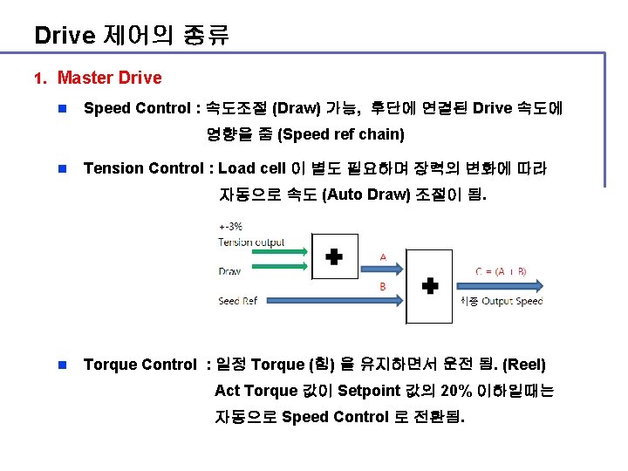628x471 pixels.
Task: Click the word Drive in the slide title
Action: (x=64, y=36)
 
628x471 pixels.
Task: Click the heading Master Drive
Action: (x=109, y=78)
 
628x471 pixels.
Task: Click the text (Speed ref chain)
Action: (x=340, y=134)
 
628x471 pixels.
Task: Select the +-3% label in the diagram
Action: (x=230, y=227)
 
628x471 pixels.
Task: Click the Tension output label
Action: (x=251, y=242)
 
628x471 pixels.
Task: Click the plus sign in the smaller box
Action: (x=334, y=256)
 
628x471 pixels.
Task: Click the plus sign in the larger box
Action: (x=429, y=285)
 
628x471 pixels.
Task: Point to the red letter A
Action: (x=382, y=257)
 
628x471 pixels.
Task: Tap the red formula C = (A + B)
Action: (x=501, y=271)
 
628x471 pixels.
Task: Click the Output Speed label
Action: (x=511, y=301)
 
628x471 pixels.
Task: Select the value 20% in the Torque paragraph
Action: (x=459, y=391)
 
